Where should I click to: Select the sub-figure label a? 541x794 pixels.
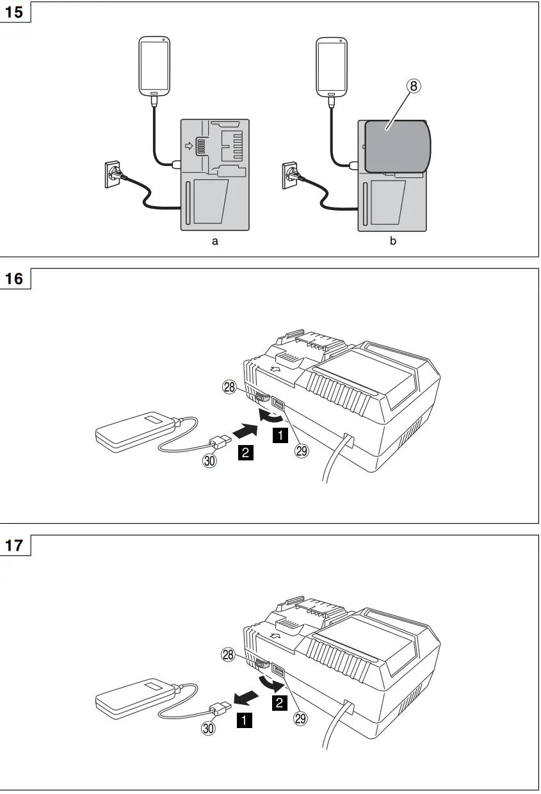coord(215,241)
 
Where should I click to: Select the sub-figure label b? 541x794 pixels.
coord(392,241)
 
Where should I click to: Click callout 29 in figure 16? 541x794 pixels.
coord(301,450)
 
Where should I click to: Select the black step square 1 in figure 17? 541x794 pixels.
coord(243,720)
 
